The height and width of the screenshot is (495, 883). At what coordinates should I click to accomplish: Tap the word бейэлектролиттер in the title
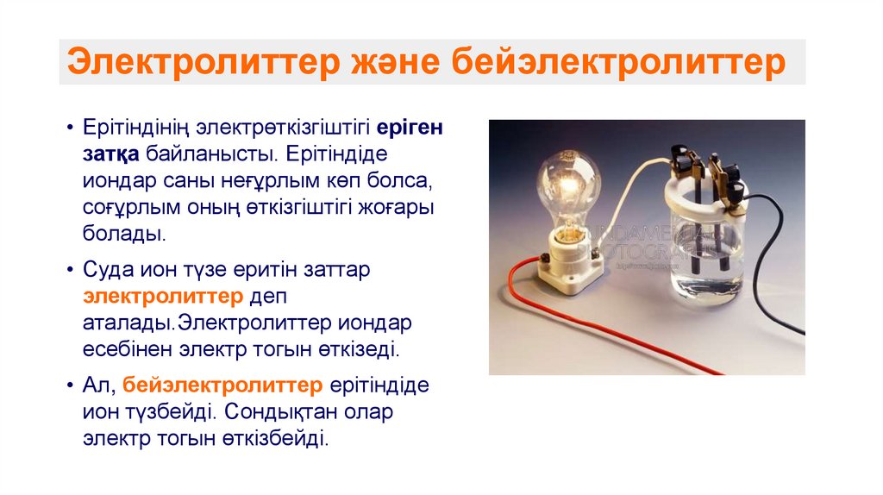click(x=618, y=63)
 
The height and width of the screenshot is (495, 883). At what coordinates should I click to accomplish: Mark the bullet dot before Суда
click(x=69, y=269)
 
